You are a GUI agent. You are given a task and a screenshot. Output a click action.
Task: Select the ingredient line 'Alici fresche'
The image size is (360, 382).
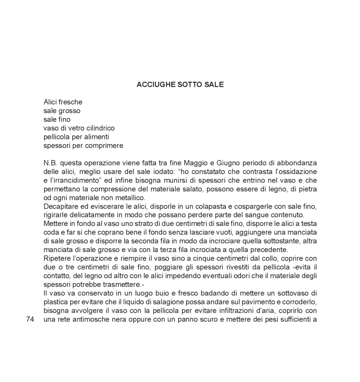click(63, 102)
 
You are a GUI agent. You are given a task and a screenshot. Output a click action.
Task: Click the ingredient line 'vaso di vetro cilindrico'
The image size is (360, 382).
click(79, 128)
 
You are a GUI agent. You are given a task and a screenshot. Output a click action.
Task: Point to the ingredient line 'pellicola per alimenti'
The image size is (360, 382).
click(76, 137)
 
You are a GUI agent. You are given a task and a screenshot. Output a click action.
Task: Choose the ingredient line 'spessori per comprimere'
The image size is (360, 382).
click(83, 146)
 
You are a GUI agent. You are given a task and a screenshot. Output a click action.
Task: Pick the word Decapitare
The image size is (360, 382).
click(61, 206)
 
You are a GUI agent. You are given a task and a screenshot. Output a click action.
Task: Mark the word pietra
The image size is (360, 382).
click(308, 189)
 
